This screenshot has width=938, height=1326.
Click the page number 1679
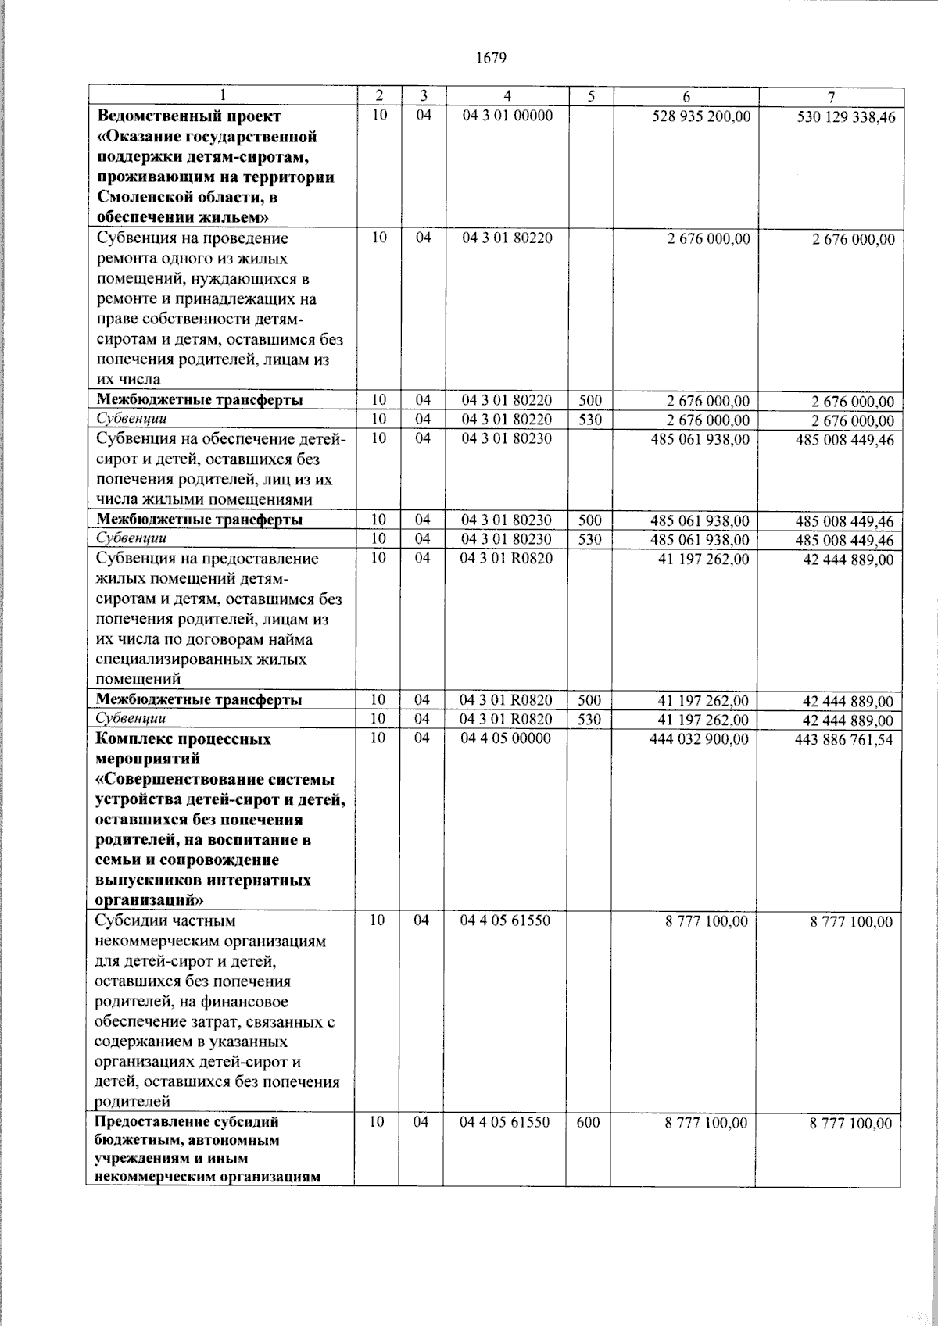[x=492, y=57]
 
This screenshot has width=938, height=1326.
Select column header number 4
[x=507, y=96]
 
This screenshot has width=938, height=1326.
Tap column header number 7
[x=831, y=97]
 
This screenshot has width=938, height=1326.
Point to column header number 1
[x=222, y=96]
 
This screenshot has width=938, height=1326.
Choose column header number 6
[x=686, y=97]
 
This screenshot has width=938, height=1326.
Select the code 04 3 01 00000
[x=507, y=116]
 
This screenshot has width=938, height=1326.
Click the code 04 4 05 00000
[x=506, y=738]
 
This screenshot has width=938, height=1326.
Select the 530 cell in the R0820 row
[x=589, y=719]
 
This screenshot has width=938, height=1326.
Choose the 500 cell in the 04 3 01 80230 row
[x=589, y=520]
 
